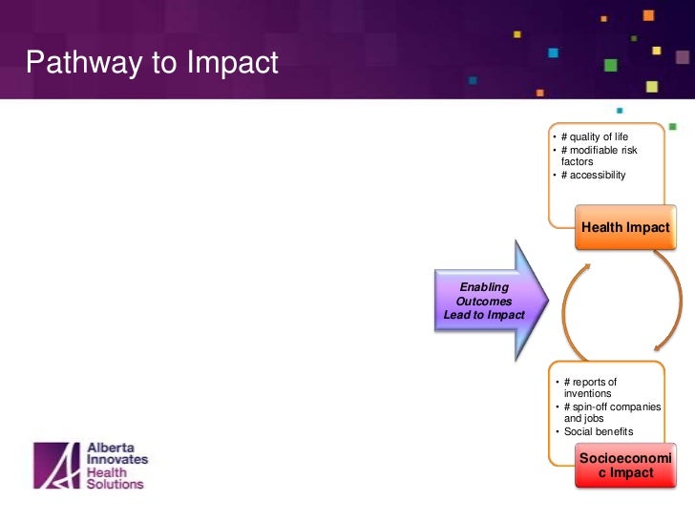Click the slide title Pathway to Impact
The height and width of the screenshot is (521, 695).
(152, 63)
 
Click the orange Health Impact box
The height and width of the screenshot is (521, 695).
(625, 228)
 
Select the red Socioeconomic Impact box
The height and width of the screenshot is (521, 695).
(624, 465)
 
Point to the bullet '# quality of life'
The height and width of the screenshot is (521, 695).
(595, 136)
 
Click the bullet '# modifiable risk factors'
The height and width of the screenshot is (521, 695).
(599, 156)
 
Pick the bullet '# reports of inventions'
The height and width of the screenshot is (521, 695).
(590, 387)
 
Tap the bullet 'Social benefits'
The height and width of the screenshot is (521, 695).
(598, 431)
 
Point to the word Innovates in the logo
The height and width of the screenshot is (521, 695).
(117, 459)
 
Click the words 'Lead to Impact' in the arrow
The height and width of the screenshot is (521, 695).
(484, 314)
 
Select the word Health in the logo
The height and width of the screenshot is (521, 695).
(106, 471)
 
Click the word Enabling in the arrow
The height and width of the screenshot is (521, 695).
(484, 286)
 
